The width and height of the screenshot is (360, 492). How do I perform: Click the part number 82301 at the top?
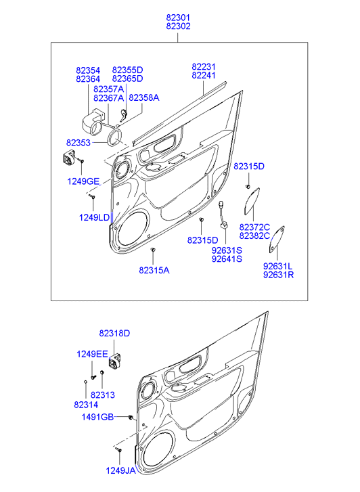[x=178, y=18]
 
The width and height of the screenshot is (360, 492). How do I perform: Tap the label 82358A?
[x=144, y=97]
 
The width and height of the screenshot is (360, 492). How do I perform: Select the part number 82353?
[x=78, y=143]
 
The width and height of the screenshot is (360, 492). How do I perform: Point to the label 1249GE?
[x=83, y=181]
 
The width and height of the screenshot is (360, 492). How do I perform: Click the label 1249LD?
[x=95, y=217]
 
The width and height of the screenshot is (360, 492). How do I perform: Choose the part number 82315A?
[x=154, y=270]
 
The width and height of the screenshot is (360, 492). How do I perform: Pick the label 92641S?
[x=227, y=259]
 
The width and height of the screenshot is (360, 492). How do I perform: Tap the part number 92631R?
[x=278, y=275]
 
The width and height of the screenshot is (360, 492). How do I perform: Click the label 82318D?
[x=114, y=333]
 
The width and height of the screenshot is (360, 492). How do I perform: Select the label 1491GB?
[x=97, y=417]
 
